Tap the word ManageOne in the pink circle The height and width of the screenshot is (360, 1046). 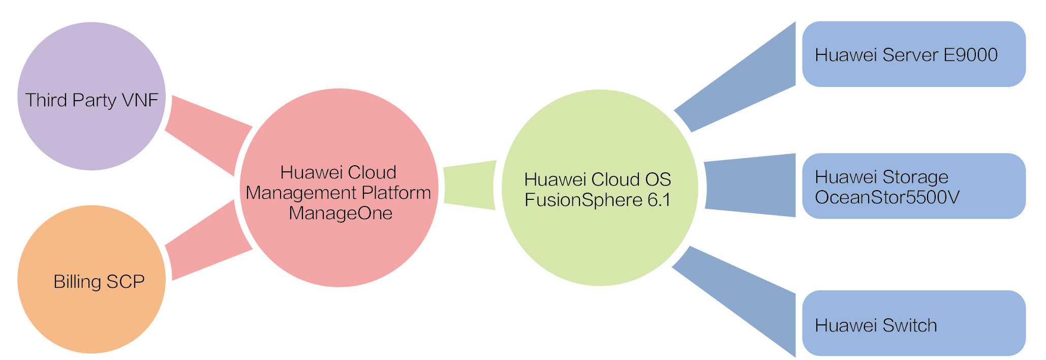[341, 213]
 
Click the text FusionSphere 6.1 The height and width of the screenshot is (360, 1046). [597, 200]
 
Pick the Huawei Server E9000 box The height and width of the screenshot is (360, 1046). [913, 54]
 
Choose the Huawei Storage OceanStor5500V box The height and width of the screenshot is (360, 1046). [913, 186]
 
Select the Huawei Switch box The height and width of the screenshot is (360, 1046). [913, 323]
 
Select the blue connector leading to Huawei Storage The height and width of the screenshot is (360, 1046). [750, 186]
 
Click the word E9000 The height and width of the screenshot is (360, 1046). [970, 55]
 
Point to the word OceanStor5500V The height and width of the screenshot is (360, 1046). [887, 197]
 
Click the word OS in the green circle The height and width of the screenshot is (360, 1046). [658, 179]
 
